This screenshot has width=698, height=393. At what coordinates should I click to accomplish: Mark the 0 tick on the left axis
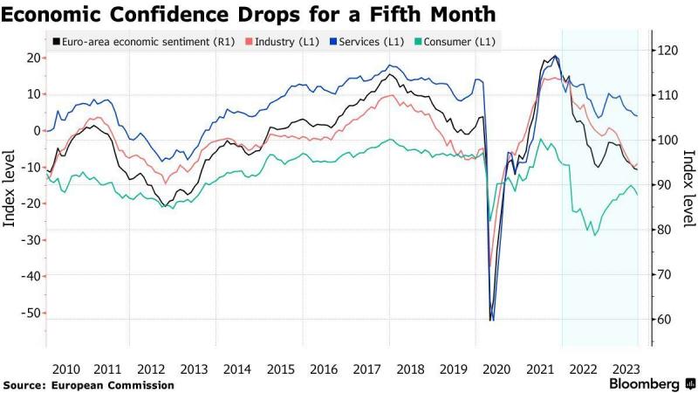point(37,131)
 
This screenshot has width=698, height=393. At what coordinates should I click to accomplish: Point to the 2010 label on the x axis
point(66,369)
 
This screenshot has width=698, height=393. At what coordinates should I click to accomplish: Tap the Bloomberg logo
point(646,384)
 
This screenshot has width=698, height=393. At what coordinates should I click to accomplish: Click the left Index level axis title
point(12,188)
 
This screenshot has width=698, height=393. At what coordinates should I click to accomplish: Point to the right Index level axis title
point(688,188)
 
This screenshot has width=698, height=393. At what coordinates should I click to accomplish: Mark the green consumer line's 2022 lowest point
point(596,235)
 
